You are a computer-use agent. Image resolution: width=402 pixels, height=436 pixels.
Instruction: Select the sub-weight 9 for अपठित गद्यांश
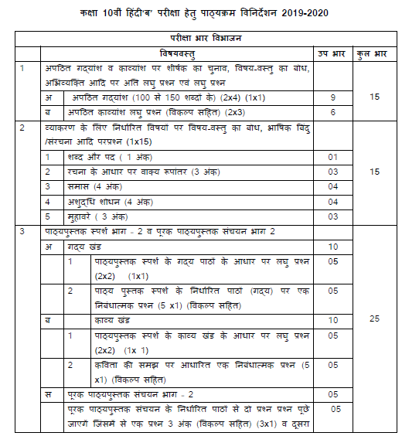(332, 98)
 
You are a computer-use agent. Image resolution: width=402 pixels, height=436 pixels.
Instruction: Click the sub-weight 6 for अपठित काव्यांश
(332, 112)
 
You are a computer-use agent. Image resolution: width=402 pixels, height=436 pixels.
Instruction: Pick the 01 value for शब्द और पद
(333, 157)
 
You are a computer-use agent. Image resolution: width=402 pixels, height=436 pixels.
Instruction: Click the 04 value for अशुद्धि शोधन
(333, 201)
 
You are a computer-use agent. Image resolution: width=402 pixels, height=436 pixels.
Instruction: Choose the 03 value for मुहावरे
(333, 216)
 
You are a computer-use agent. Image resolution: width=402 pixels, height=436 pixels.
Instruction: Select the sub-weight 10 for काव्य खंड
(333, 319)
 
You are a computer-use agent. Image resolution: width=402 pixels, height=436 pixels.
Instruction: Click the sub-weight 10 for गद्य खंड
(333, 246)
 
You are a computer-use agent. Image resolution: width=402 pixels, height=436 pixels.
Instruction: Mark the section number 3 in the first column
(24, 231)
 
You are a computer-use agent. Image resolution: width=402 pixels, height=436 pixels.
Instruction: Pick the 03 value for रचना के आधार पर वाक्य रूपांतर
(333, 172)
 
